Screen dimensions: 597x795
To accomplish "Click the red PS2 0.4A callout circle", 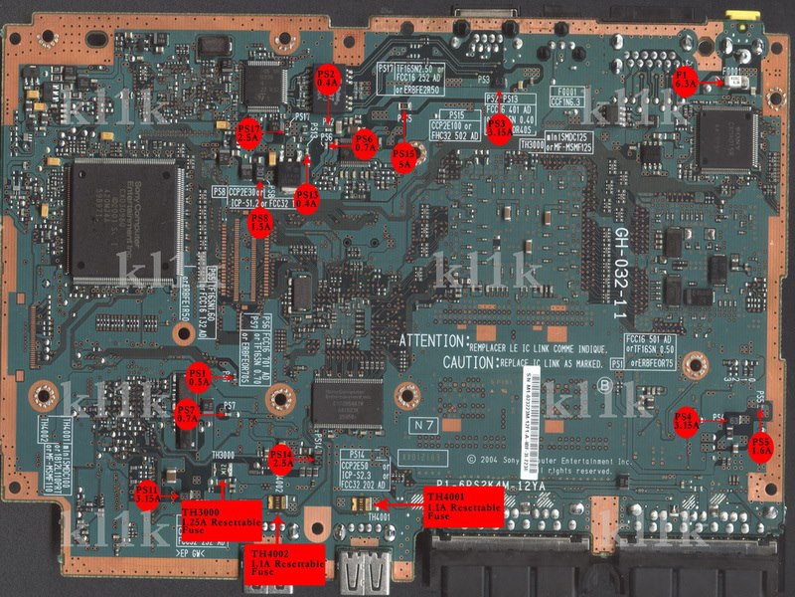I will coord(327,79).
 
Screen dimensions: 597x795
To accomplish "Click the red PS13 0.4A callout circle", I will coord(307,196).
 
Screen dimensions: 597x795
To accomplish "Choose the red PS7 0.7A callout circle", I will coord(187,413).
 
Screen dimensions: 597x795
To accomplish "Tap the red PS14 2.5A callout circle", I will coord(281,456).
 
